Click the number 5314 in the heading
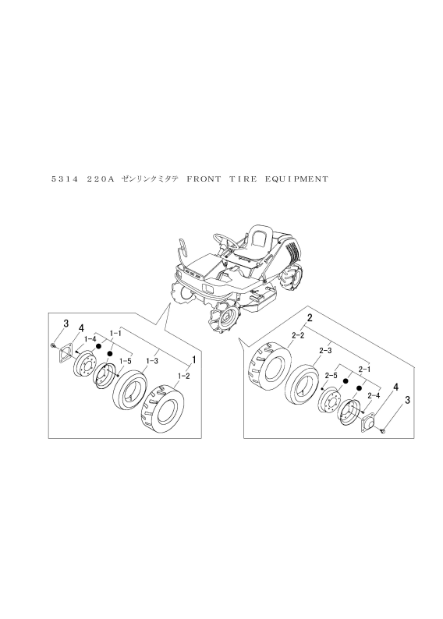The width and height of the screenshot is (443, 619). pyautogui.click(x=66, y=179)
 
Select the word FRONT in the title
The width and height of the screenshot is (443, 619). pyautogui.click(x=204, y=179)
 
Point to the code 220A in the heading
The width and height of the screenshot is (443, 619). pyautogui.click(x=101, y=179)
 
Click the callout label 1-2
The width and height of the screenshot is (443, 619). pyautogui.click(x=183, y=377)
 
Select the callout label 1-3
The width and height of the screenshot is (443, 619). pyautogui.click(x=152, y=361)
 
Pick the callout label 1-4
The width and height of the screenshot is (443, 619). pyautogui.click(x=90, y=338)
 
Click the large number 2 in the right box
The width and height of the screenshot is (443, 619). pyautogui.click(x=310, y=317)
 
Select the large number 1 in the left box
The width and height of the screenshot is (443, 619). pyautogui.click(x=194, y=359)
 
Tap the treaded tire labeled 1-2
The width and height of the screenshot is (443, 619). pyautogui.click(x=162, y=410)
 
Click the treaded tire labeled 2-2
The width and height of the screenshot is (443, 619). pyautogui.click(x=269, y=363)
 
